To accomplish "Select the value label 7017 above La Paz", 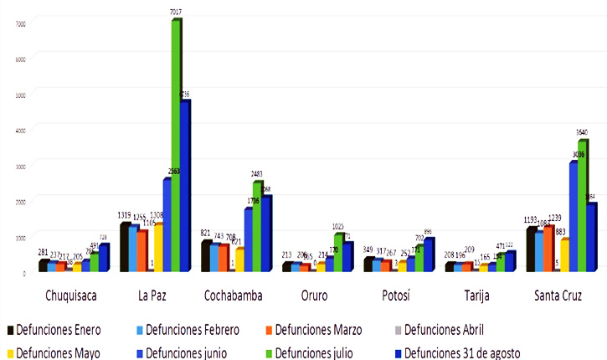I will pyautogui.click(x=176, y=12).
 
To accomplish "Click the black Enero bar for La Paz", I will pyautogui.click(x=125, y=247).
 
